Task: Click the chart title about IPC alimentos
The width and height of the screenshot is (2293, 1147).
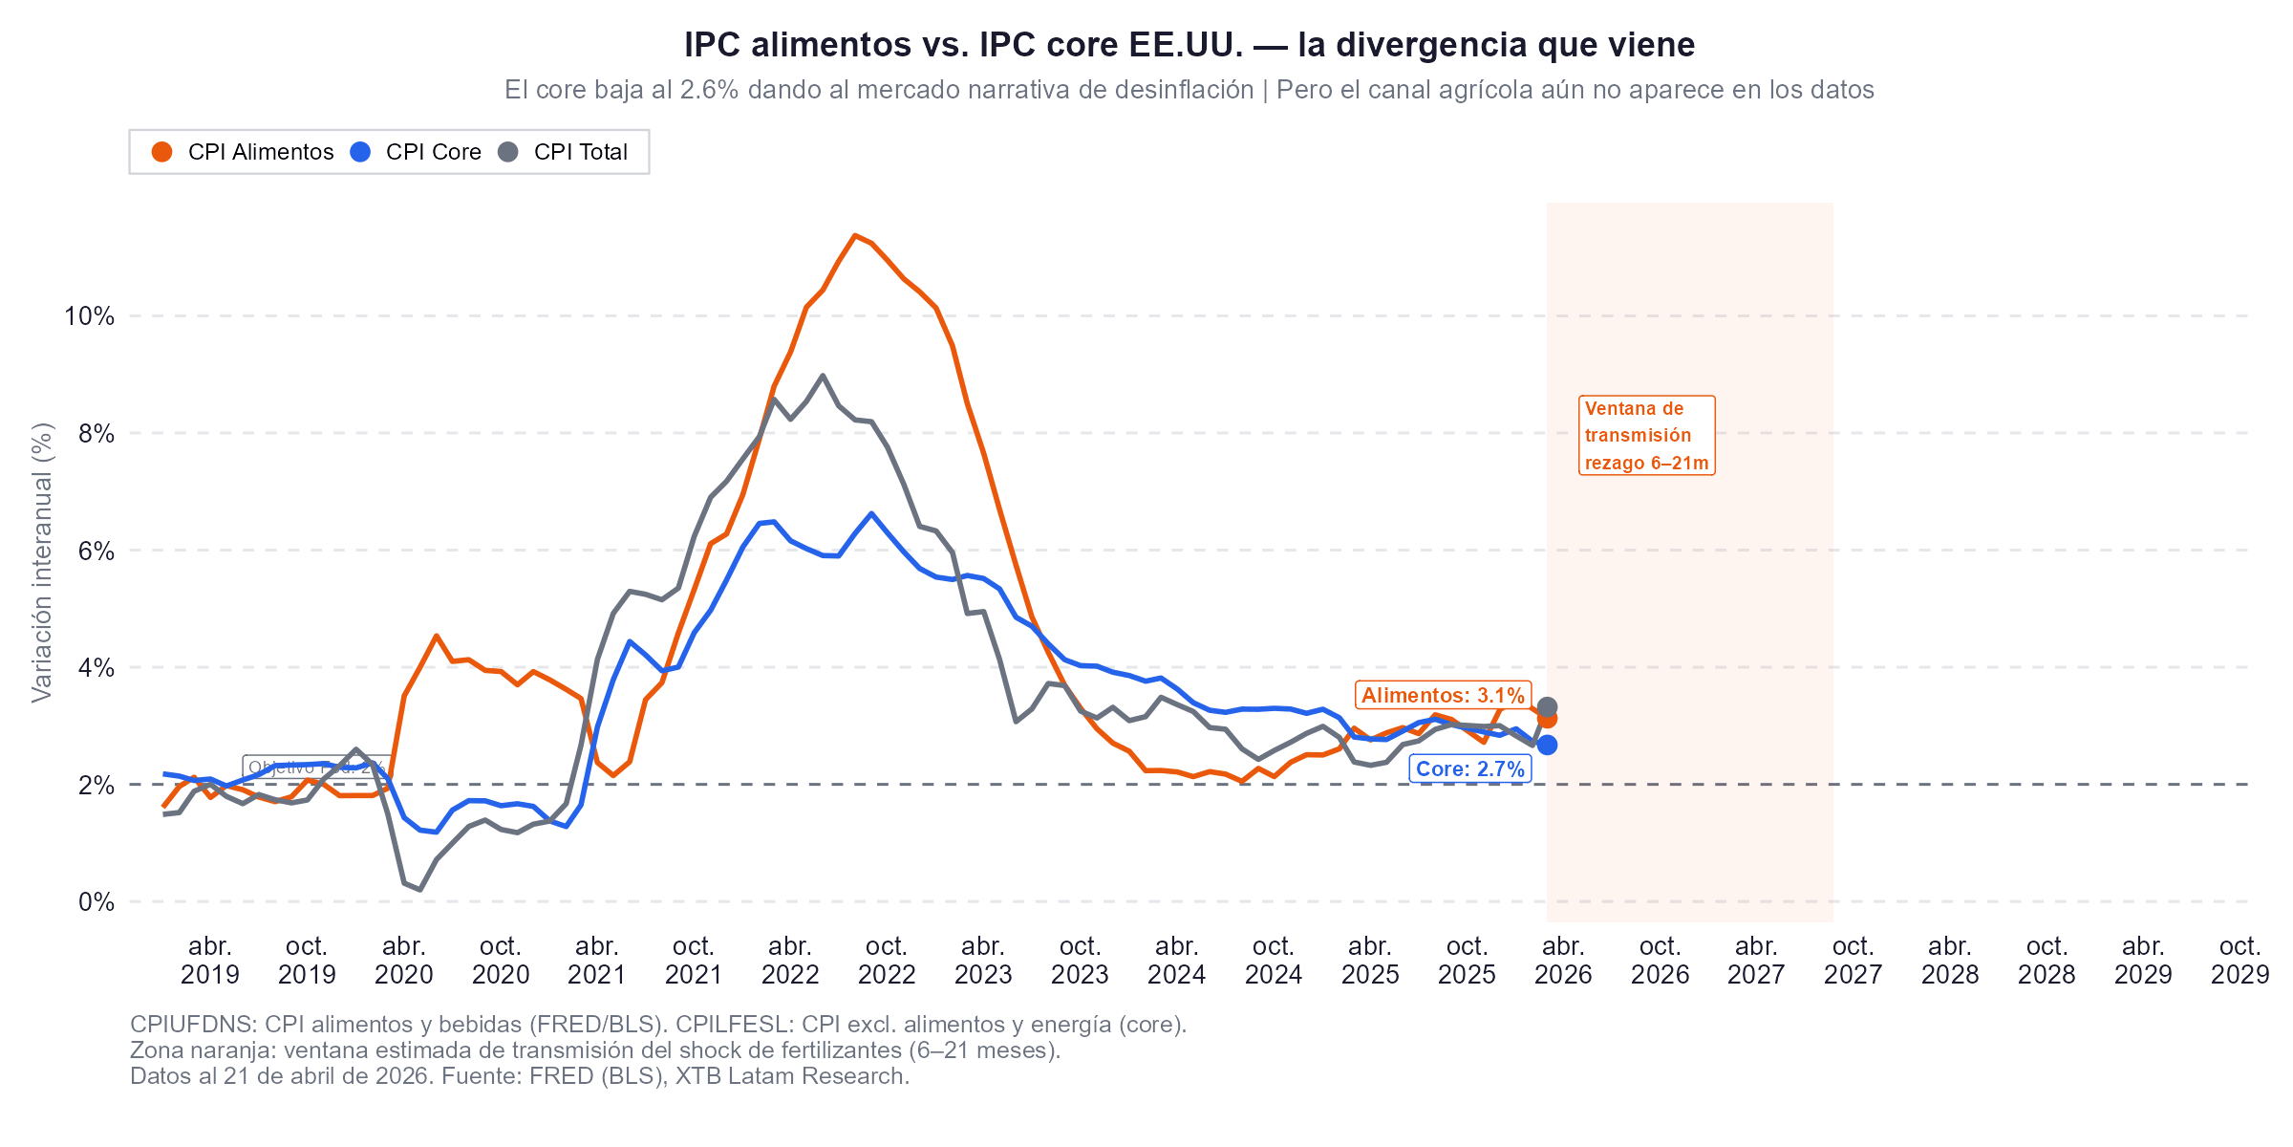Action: point(1189,45)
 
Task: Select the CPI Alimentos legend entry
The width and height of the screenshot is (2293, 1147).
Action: point(243,152)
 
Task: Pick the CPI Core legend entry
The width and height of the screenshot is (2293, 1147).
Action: point(417,152)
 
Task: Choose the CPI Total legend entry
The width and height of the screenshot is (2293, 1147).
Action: point(564,152)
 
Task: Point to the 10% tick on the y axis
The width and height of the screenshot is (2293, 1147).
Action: point(89,316)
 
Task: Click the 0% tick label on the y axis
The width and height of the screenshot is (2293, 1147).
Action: point(96,902)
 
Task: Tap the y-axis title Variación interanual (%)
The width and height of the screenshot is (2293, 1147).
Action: point(42,563)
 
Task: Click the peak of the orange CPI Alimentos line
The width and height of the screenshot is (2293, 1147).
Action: point(855,235)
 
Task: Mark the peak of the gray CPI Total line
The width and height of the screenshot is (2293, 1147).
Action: point(823,376)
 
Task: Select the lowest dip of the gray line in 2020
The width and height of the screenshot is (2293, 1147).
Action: point(419,890)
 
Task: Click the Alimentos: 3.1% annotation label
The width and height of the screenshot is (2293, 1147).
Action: point(1442,695)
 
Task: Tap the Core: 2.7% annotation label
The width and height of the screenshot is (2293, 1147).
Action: point(1469,768)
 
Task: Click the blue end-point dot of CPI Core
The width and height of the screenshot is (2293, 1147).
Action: point(1547,745)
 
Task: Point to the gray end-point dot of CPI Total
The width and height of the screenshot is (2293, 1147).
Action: point(1547,706)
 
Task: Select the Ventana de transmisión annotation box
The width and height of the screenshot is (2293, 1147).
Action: point(1645,435)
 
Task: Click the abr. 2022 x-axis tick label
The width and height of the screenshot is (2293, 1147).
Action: point(790,960)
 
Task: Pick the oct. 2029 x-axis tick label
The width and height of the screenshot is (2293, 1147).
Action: point(2239,960)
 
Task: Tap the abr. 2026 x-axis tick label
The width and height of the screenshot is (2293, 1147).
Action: point(1563,960)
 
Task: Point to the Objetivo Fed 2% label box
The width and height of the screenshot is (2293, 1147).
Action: point(316,767)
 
